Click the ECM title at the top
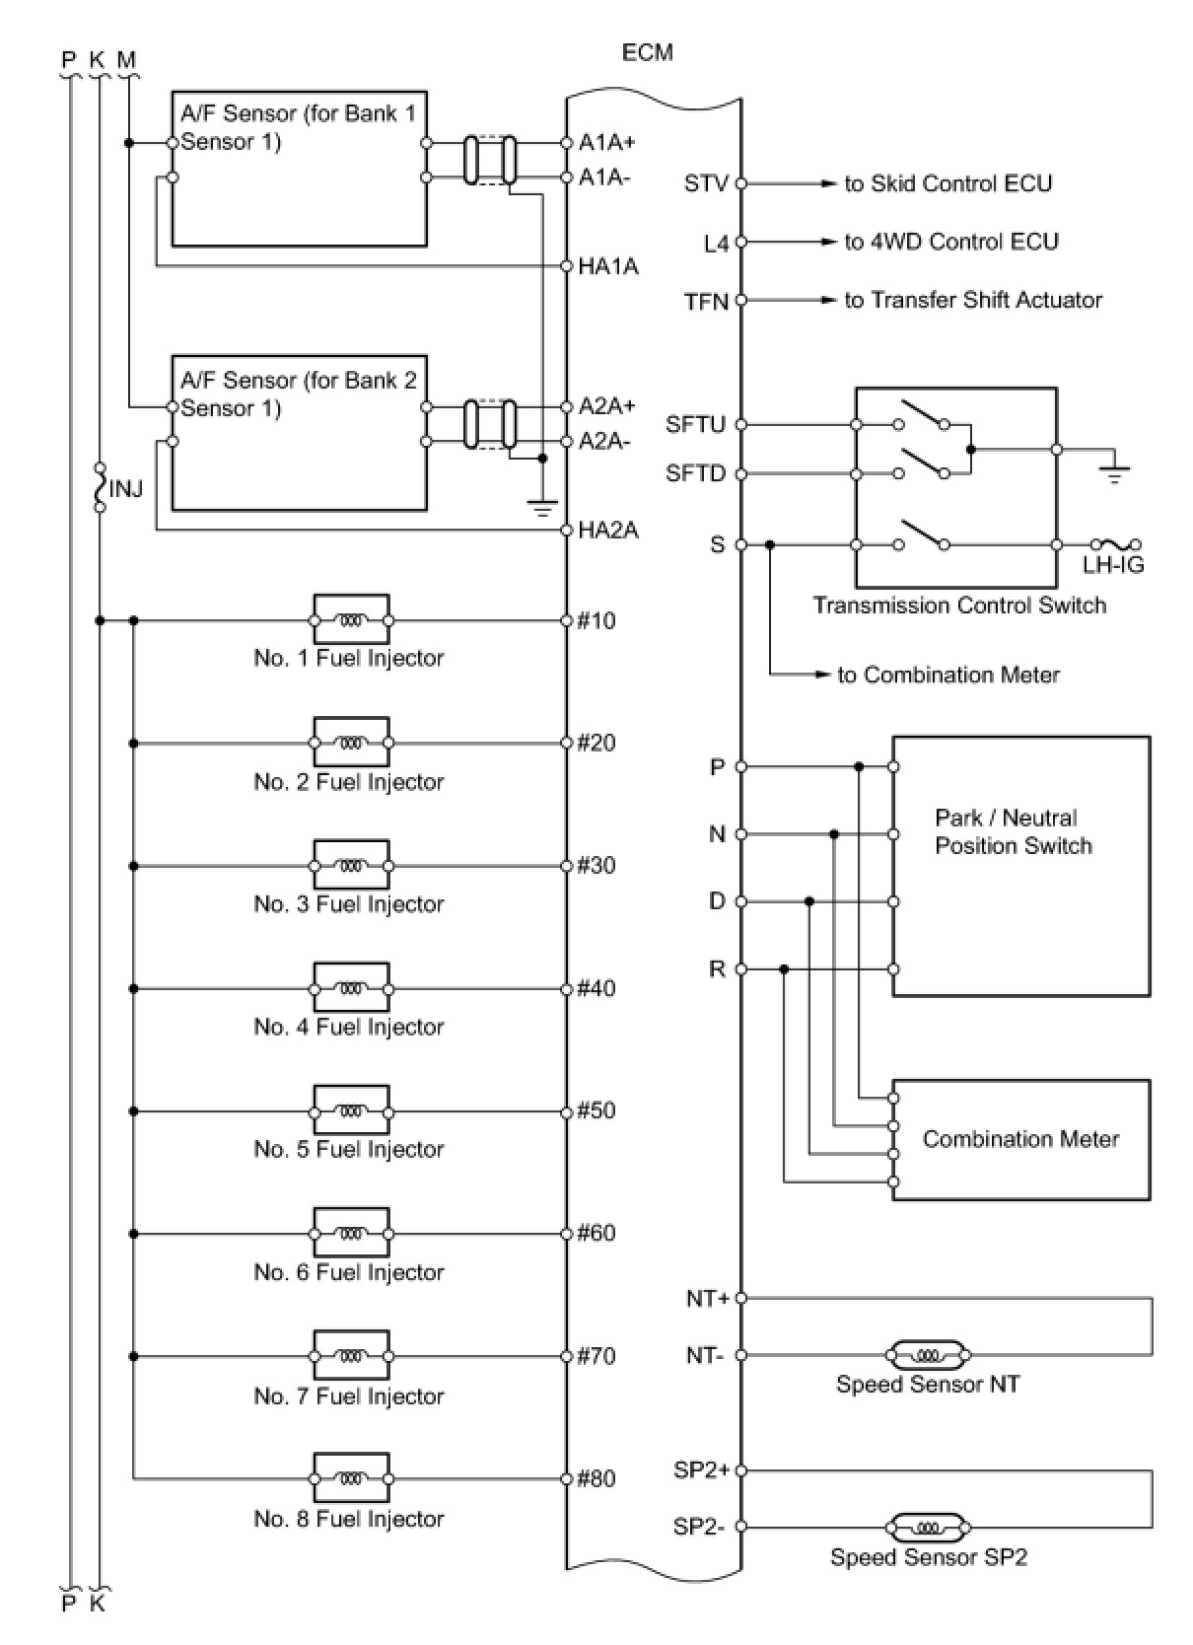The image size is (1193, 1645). (x=647, y=52)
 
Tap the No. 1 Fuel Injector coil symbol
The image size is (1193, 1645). (x=351, y=620)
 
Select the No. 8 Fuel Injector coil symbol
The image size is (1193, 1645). (x=351, y=1478)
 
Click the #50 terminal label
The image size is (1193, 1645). (x=596, y=1110)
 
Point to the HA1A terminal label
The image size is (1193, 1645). (x=608, y=266)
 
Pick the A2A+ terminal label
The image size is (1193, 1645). (x=607, y=406)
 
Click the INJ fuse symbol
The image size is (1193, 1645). (x=100, y=487)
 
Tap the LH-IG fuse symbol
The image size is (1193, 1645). (x=1115, y=544)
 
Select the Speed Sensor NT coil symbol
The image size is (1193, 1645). (x=929, y=1355)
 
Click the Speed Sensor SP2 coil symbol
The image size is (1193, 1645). (x=929, y=1528)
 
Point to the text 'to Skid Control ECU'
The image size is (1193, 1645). (x=947, y=183)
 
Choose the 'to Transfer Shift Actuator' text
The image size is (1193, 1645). (x=973, y=300)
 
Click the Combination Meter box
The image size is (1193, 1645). (x=1020, y=1140)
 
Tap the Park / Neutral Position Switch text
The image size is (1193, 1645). (x=1013, y=831)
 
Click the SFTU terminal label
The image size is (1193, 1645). (x=695, y=424)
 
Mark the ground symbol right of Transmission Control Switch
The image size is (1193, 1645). (x=1114, y=474)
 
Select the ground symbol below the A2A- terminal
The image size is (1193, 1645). (x=541, y=507)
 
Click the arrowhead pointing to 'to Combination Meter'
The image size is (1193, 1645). (x=823, y=675)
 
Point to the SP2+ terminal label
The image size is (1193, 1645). (x=701, y=1470)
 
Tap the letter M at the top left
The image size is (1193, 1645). (x=126, y=60)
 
